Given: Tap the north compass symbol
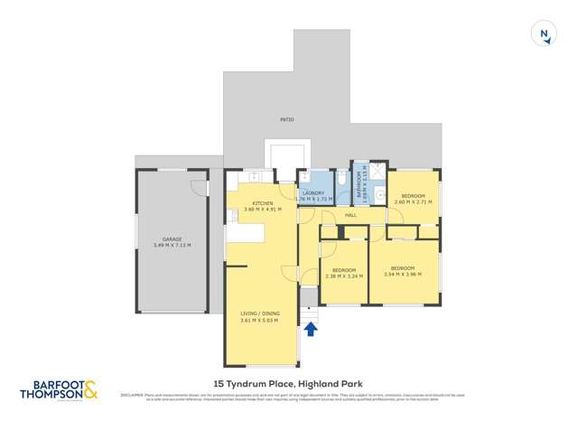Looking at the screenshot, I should (x=544, y=34).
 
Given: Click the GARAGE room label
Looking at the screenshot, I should (x=172, y=239).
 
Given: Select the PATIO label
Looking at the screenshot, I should (x=287, y=119).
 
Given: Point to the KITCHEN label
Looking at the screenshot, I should (x=263, y=203).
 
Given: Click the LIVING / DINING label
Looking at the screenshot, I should (x=259, y=314).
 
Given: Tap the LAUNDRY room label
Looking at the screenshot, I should (x=313, y=192).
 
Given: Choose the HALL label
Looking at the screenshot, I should (x=350, y=215).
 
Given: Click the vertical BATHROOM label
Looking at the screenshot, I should (x=358, y=185).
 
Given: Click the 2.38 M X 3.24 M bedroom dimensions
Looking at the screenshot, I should (x=344, y=276).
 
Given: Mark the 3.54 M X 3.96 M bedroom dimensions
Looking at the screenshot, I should (x=403, y=275).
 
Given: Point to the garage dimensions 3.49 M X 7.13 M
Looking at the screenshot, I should (x=172, y=246).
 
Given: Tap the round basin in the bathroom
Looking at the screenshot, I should (x=380, y=193).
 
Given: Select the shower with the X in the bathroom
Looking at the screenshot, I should (x=377, y=170).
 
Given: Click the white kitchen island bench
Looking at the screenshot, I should (x=246, y=232).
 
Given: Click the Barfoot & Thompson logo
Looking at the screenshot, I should (x=58, y=390).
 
